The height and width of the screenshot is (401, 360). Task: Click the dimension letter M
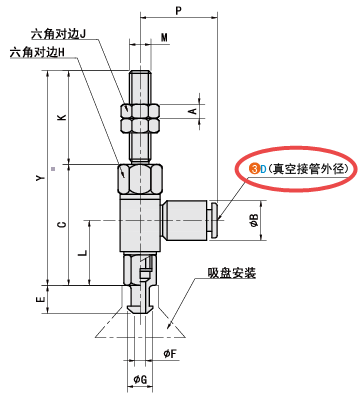pyautogui.click(x=164, y=39)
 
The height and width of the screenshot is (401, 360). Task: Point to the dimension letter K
pyautogui.click(x=62, y=118)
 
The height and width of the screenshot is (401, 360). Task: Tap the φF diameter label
pyautogui.click(x=170, y=353)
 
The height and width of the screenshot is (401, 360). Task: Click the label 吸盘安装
pyautogui.click(x=232, y=272)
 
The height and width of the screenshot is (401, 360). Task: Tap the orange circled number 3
pyautogui.click(x=254, y=169)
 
